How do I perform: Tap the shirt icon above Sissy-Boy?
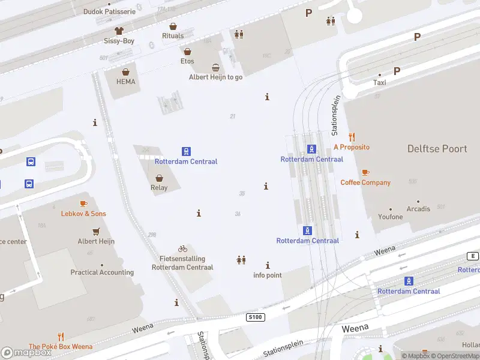click(119, 31)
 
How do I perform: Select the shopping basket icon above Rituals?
click(173, 26)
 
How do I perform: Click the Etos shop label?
click(187, 61)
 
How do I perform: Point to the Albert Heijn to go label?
click(215, 77)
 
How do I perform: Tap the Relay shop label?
click(159, 188)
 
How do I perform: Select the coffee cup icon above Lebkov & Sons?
click(83, 204)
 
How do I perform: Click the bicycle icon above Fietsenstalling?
click(182, 248)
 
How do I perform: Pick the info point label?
click(267, 275)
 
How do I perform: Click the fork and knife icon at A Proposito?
click(352, 137)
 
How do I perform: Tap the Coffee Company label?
click(365, 182)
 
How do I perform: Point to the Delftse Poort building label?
click(437, 149)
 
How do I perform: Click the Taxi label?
click(380, 83)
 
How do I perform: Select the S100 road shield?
click(256, 317)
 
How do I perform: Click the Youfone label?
click(390, 217)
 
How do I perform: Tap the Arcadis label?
click(418, 209)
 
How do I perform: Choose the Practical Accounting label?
click(102, 272)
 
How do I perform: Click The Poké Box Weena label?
click(61, 346)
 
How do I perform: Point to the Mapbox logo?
click(26, 353)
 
